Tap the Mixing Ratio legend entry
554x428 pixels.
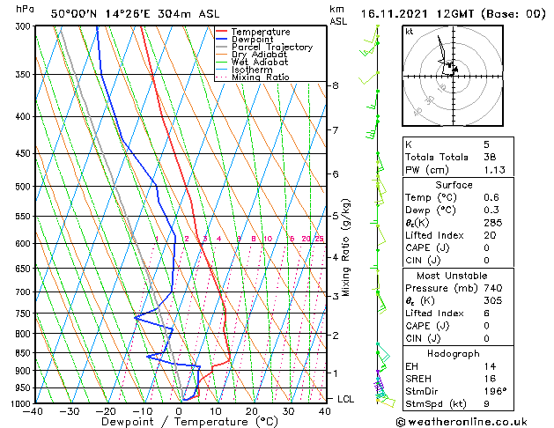point(262,77)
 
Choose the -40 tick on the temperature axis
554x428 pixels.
point(34,411)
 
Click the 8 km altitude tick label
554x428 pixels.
point(336,85)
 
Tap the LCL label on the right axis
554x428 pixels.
point(347,399)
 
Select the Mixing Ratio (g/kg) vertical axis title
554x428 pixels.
point(346,247)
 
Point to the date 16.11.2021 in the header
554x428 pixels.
point(392,14)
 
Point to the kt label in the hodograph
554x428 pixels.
point(410,32)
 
